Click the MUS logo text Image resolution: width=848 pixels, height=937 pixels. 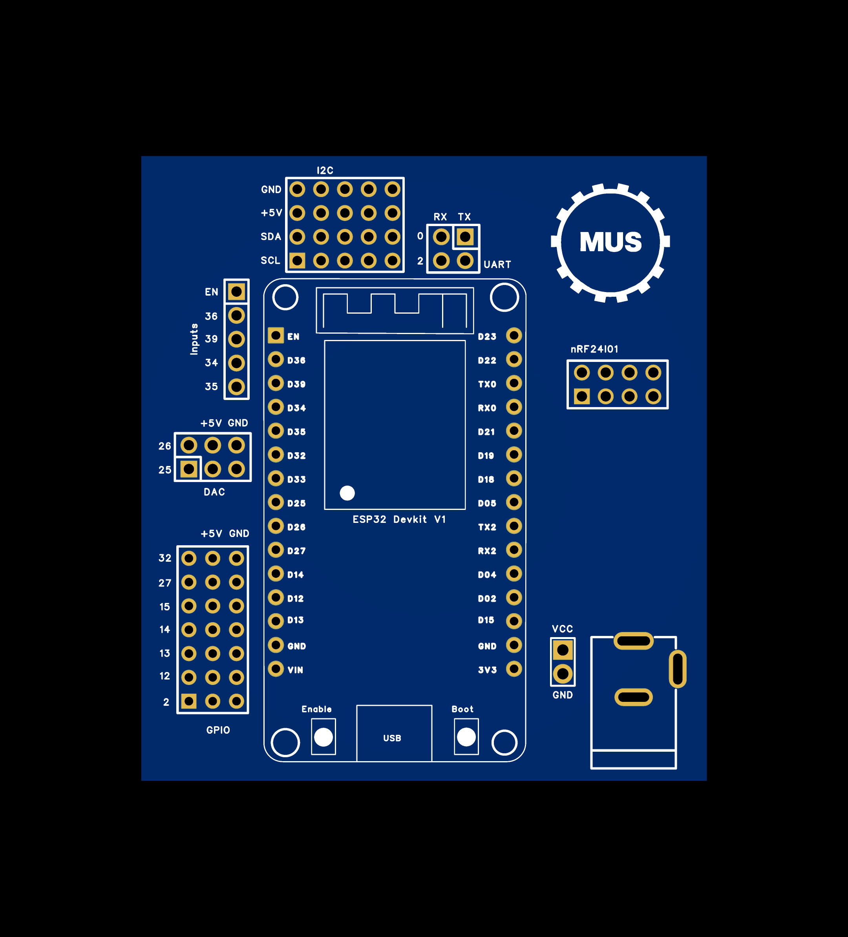[x=610, y=242]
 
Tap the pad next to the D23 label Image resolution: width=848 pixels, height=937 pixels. [x=514, y=335]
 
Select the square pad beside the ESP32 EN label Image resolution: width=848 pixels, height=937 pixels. [x=276, y=335]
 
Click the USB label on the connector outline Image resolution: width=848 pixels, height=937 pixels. [x=392, y=738]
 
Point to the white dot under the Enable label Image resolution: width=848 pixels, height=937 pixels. [x=323, y=737]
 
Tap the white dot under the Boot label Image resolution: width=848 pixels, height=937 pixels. [x=466, y=737]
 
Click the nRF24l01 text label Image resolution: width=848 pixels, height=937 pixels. [x=594, y=349]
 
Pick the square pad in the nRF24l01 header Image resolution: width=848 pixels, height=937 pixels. [x=581, y=396]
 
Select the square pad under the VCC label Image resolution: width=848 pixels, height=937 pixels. [x=563, y=650]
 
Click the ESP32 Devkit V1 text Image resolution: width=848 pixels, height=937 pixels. [x=399, y=519]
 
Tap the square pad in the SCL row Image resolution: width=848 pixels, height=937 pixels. [x=297, y=260]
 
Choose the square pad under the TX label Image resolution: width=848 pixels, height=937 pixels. [x=465, y=237]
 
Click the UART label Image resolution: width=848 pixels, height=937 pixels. [x=497, y=265]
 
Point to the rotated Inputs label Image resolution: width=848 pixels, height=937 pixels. [x=194, y=339]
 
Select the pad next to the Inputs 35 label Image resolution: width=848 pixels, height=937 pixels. [x=236, y=386]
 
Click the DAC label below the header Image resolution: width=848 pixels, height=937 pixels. [x=214, y=492]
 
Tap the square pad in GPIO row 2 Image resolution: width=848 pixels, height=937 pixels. [x=189, y=701]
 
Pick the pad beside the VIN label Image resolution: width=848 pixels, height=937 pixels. [x=276, y=669]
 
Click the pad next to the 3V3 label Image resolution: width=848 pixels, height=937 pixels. [x=514, y=669]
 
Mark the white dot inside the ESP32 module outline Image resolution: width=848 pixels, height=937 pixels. [x=347, y=493]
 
